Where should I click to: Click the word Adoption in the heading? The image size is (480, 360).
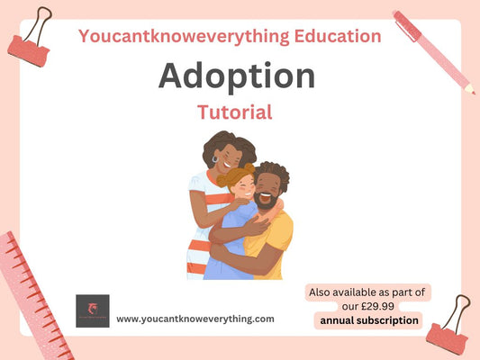point(237,76)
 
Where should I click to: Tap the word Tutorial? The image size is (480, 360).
point(234,112)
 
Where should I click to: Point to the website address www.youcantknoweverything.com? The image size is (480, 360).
point(195,319)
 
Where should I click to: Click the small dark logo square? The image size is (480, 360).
point(92,310)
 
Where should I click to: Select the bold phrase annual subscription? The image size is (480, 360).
point(368,319)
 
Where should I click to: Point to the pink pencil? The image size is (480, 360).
point(433,49)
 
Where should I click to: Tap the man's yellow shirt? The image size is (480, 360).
point(279,247)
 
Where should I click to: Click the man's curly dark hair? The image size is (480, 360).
point(272,171)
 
